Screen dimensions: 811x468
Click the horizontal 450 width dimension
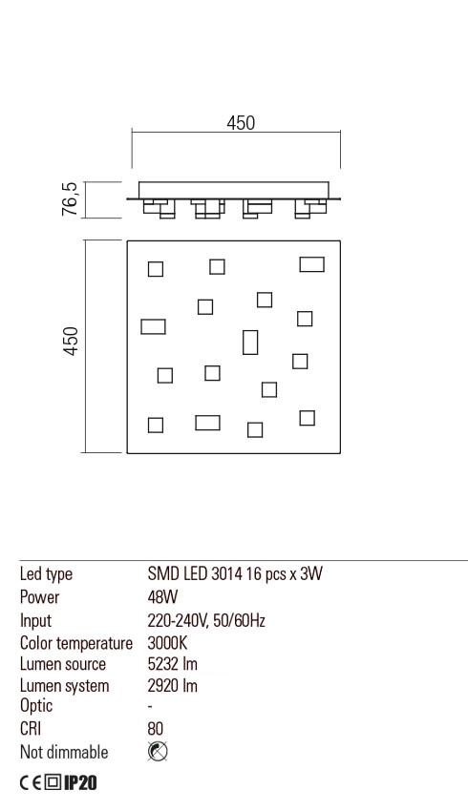pyautogui.click(x=241, y=123)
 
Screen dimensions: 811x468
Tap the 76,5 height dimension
pyautogui.click(x=70, y=199)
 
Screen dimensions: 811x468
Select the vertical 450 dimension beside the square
pyautogui.click(x=70, y=344)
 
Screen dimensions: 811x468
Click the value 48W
pyautogui.click(x=163, y=597)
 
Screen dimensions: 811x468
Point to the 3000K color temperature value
pyautogui.click(x=167, y=642)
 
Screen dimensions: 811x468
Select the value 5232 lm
pyautogui.click(x=173, y=664)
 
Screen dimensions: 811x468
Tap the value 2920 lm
pyautogui.click(x=173, y=686)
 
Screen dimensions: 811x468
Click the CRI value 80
pyautogui.click(x=157, y=730)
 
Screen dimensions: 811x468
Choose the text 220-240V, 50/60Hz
pyautogui.click(x=205, y=620)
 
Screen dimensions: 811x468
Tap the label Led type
pyautogui.click(x=46, y=574)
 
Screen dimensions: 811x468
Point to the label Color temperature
pyautogui.click(x=75, y=642)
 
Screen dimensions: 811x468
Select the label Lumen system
pyautogui.click(x=64, y=686)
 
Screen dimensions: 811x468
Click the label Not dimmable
pyautogui.click(x=64, y=752)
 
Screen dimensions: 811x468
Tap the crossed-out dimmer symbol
pyautogui.click(x=159, y=752)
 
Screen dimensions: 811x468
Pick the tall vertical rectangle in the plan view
pyautogui.click(x=250, y=342)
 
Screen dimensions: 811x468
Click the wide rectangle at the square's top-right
pyautogui.click(x=311, y=263)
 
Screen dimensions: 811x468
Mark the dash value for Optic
pyautogui.click(x=151, y=708)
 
